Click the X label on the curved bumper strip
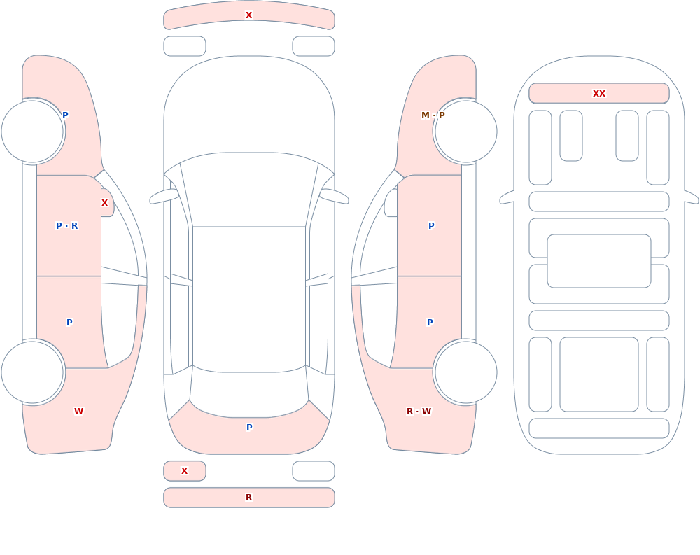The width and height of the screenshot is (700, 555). tap(248, 15)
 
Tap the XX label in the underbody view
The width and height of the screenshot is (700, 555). tap(599, 94)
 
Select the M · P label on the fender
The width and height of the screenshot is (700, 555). tap(433, 115)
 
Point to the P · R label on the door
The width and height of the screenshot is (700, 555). tap(67, 226)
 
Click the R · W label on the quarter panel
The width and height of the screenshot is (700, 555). tap(419, 412)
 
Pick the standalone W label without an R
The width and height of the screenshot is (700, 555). tap(78, 412)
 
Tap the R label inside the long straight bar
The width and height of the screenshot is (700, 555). tap(248, 498)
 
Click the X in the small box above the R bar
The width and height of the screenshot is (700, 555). tap(184, 470)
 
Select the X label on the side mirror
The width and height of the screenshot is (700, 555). tap(104, 203)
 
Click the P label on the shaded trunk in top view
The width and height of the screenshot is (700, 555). tap(249, 428)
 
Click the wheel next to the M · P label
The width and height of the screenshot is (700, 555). tap(465, 132)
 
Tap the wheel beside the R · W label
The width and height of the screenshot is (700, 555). tap(465, 372)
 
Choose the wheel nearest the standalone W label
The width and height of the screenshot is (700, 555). tap(33, 372)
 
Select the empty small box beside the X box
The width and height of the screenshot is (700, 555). tap(314, 471)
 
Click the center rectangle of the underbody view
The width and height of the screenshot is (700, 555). tap(599, 261)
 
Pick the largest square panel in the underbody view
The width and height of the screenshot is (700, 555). tap(599, 374)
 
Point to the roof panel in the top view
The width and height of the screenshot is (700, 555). tap(249, 299)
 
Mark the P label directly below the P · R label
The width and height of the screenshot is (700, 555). tap(69, 323)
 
